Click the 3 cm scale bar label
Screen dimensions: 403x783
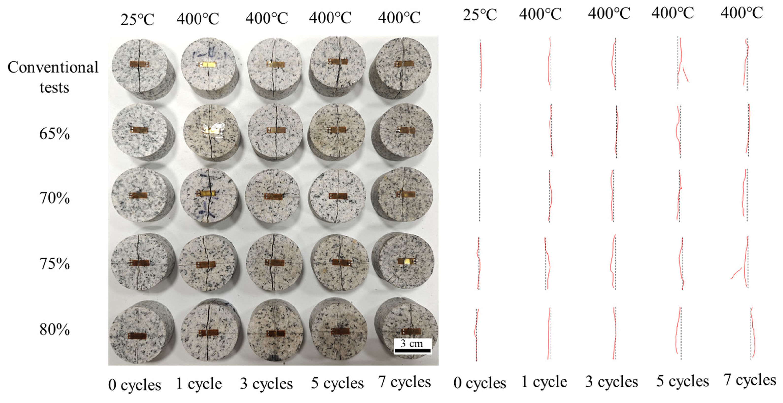pyautogui.click(x=412, y=344)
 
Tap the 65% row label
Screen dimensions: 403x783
pyautogui.click(x=55, y=134)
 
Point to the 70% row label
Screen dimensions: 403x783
pyautogui.click(x=55, y=198)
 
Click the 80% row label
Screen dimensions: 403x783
pyautogui.click(x=55, y=329)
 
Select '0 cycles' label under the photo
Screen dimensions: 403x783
pyautogui.click(x=134, y=385)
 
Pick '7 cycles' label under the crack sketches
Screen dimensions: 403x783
pyautogui.click(x=750, y=380)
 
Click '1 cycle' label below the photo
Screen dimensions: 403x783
pyautogui.click(x=199, y=384)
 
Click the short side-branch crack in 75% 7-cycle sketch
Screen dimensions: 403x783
pyautogui.click(x=736, y=273)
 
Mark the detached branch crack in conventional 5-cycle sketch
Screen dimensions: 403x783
pyautogui.click(x=685, y=74)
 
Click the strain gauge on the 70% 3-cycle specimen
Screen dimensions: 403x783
pyautogui.click(x=274, y=197)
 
